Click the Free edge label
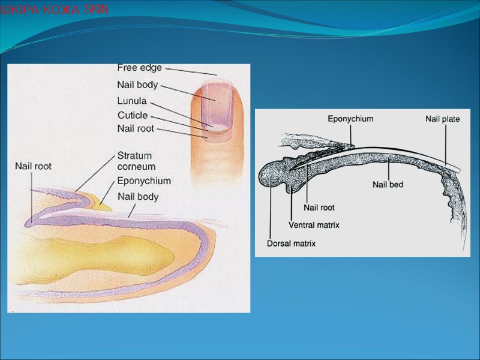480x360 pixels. [x=139, y=68]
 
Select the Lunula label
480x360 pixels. [x=132, y=101]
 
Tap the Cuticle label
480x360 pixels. [x=133, y=115]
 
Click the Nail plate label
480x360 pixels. [x=443, y=119]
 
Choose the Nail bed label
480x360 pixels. [x=387, y=185]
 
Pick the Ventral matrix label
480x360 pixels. [x=314, y=226]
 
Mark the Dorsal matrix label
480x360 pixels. [x=291, y=244]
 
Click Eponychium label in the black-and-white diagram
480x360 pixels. [x=350, y=119]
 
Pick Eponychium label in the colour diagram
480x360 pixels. [x=144, y=181]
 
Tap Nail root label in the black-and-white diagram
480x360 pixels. [x=319, y=208]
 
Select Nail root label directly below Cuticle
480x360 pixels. [x=136, y=128]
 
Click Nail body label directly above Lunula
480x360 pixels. [x=137, y=85]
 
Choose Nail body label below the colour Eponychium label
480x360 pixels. [x=137, y=196]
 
